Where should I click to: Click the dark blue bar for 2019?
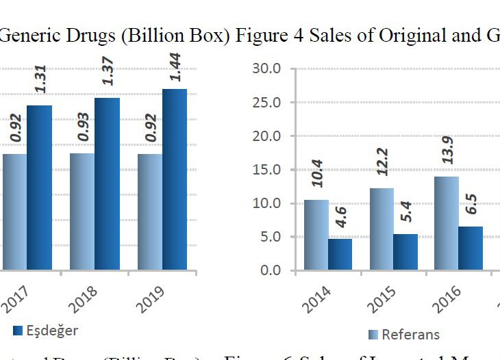[175, 179]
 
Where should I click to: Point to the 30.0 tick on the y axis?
[266, 68]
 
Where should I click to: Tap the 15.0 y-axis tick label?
[266, 169]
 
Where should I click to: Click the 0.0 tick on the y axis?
[270, 270]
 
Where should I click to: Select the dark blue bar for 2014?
[340, 254]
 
